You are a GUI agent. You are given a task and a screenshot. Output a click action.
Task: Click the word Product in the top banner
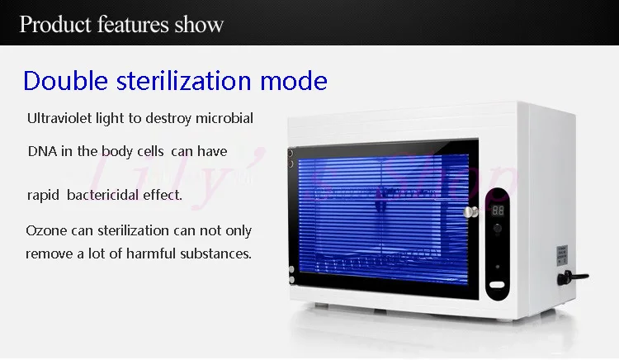pos(55,25)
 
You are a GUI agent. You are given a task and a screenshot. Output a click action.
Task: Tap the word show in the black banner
pos(199,25)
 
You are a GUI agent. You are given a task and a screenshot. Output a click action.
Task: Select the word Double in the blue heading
pos(65,81)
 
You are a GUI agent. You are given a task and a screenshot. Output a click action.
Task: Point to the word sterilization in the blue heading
pos(183,81)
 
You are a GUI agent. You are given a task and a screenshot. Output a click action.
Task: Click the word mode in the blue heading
pos(294,82)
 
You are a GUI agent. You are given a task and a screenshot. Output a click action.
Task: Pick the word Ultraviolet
pos(59,118)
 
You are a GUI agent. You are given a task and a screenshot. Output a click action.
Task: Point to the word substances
pos(216,253)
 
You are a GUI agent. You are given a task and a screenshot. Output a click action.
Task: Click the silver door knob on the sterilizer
pos(470,212)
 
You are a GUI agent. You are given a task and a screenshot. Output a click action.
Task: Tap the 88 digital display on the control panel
pos(498,211)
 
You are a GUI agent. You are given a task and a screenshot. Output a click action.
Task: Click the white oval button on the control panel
pos(497,285)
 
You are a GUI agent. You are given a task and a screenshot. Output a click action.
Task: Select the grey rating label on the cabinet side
pos(562,254)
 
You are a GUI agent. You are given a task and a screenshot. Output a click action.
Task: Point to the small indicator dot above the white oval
pos(498,267)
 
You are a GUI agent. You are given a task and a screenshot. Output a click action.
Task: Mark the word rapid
pos(43,196)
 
